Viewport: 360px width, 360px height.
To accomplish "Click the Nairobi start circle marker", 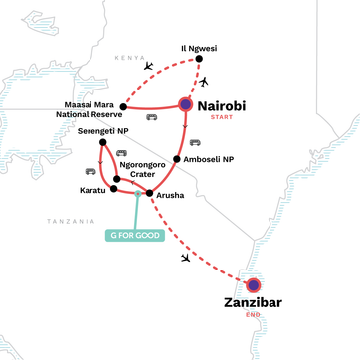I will click(185, 103).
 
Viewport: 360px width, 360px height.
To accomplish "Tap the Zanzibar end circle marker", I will click(253, 284).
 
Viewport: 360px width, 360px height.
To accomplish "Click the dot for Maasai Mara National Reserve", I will click(122, 105).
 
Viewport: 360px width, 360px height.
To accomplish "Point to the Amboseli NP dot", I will click(177, 158).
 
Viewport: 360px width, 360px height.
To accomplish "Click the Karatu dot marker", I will click(113, 188).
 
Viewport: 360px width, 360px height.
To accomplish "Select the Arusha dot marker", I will click(149, 193).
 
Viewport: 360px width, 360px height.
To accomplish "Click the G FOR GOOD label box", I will click(135, 237).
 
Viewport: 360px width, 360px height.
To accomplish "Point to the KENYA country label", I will click(128, 58).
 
